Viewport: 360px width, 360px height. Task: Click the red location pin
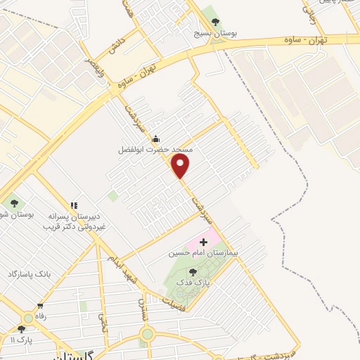pos(181,166)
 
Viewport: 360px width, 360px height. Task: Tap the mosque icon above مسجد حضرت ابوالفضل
pos(155,139)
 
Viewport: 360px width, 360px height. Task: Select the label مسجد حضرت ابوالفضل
pos(155,150)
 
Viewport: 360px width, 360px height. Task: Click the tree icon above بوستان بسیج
pos(215,21)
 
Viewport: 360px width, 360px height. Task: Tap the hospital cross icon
pos(194,242)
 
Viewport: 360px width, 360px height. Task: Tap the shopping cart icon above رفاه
pos(40,306)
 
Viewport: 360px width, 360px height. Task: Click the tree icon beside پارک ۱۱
pos(21,328)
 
